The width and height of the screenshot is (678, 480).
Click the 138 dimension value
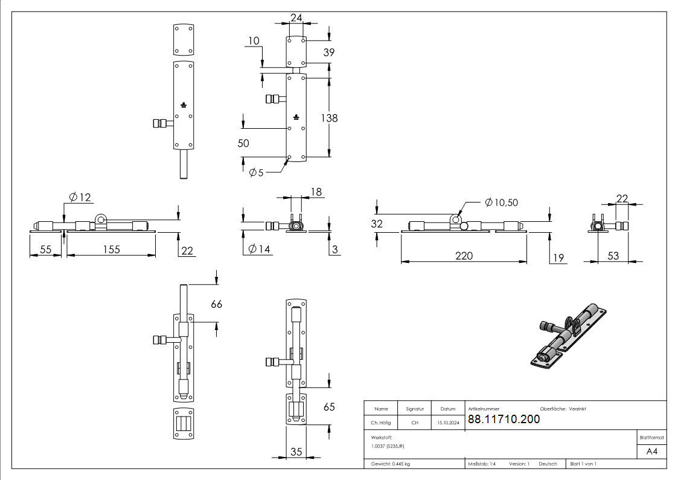pos(330,118)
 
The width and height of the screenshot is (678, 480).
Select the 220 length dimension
pos(464,256)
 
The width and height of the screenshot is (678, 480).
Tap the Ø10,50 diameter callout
pos(501,203)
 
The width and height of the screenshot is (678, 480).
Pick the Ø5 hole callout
pos(256,173)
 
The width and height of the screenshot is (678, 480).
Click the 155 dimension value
pos(111,249)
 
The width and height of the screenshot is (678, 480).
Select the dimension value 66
pos(216,304)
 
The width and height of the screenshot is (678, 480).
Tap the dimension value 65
pos(329,407)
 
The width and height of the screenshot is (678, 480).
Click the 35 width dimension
pos(296,451)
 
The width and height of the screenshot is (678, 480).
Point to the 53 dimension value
pos(613,256)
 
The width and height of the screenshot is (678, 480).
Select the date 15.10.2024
pos(448,423)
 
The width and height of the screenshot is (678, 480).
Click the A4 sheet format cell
pos(652,452)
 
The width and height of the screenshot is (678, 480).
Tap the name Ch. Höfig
pos(381,423)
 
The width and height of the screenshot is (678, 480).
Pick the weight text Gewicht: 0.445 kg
pos(391,464)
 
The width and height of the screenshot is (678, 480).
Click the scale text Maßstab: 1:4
pos(482,464)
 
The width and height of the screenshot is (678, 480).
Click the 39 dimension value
pos(329,53)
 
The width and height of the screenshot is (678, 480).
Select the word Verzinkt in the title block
pos(577,409)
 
